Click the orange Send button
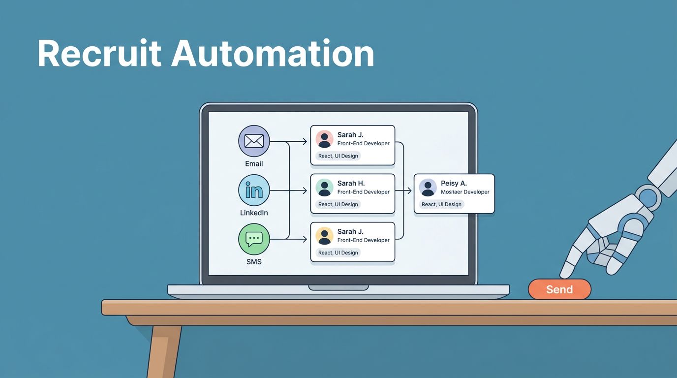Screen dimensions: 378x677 [x=559, y=289]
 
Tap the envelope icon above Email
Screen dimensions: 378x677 [x=254, y=141]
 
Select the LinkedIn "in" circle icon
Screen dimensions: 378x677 [x=254, y=190]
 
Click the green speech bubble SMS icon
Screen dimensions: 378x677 [x=254, y=239]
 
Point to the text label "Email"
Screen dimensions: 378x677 [x=254, y=164]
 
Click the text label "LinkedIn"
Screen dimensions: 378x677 [x=254, y=213]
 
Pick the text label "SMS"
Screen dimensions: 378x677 [x=254, y=262]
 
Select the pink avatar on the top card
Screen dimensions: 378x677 [x=325, y=139]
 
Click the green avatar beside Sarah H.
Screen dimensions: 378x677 [x=325, y=188]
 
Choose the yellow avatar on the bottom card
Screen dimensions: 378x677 [x=325, y=236]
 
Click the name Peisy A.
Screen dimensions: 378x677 [x=454, y=184]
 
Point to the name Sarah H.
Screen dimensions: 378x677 [x=351, y=184]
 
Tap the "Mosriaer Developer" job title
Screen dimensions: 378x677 [x=465, y=192]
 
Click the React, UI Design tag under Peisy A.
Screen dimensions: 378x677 [x=441, y=204]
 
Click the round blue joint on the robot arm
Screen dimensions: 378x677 [x=648, y=198]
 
